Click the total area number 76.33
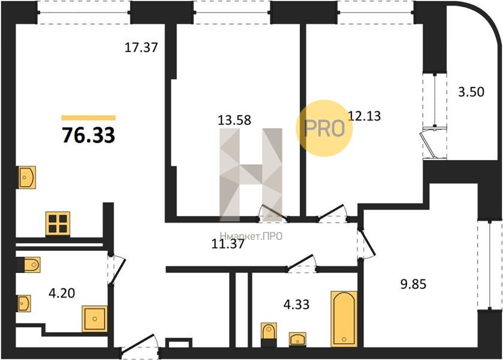89,135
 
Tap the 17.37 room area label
141,47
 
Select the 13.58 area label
234,120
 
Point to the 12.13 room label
365,116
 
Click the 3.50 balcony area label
471,92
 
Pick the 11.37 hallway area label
228,244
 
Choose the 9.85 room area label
413,284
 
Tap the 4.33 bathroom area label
296,304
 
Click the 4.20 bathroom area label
62,293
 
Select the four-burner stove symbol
58,224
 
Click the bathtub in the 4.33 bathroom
344,319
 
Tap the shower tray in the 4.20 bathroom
94,319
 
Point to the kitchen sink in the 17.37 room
26,177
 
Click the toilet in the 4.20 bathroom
29,265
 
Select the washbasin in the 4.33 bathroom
298,340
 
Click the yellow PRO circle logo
324,128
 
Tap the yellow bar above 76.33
89,118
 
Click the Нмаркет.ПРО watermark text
251,236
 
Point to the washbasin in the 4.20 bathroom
24,303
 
